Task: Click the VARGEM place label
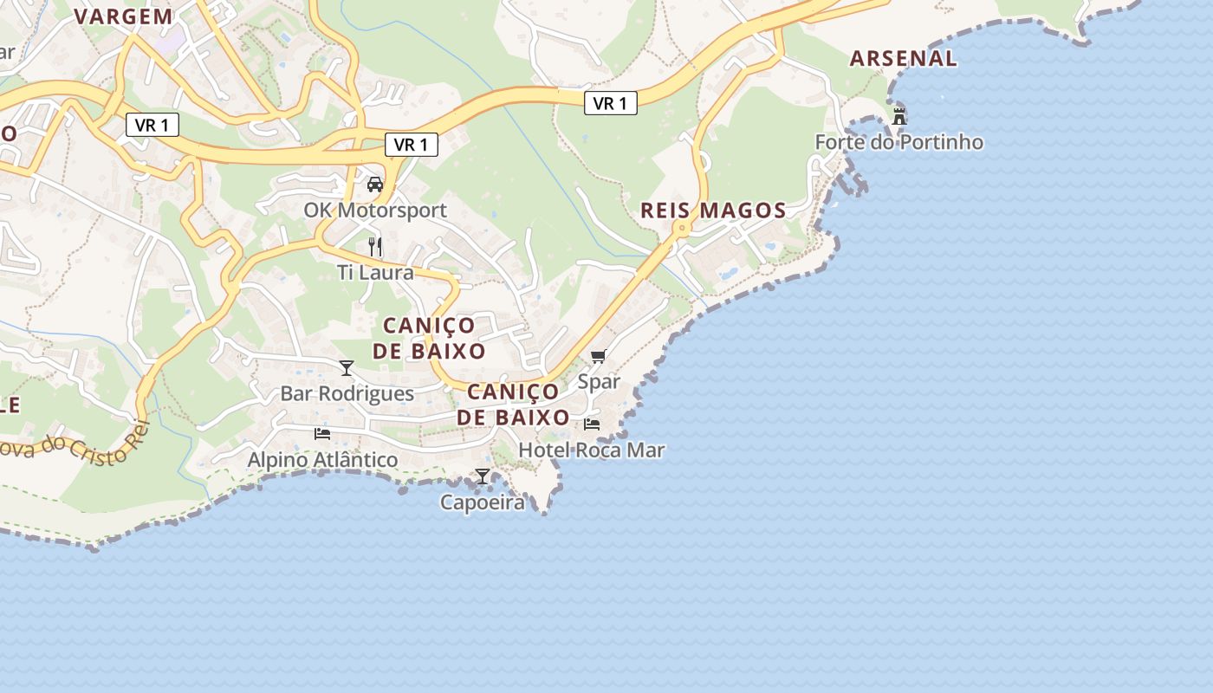(x=123, y=16)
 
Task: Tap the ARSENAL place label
(x=903, y=59)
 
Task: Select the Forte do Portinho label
(x=898, y=142)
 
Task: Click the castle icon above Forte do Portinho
(x=899, y=116)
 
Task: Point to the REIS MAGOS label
(x=713, y=210)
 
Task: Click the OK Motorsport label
(x=375, y=210)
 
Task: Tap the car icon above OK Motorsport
(x=375, y=184)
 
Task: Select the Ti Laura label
(x=375, y=272)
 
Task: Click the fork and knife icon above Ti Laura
(x=375, y=247)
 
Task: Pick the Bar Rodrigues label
(x=347, y=393)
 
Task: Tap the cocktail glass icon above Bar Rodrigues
(x=347, y=368)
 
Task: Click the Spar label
(x=599, y=381)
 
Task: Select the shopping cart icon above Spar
(x=598, y=356)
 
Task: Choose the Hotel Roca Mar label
(x=591, y=450)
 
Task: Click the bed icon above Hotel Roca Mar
(x=592, y=424)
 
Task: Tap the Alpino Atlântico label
(x=322, y=460)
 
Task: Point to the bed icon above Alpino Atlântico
(x=322, y=433)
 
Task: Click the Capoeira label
(x=483, y=502)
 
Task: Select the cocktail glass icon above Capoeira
(x=483, y=476)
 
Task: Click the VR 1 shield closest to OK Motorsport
(x=411, y=145)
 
